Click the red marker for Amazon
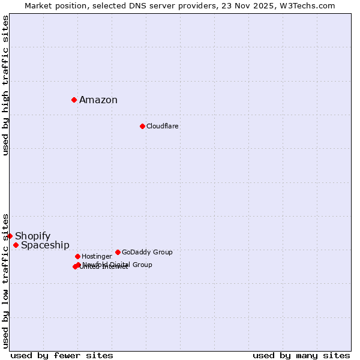[74, 100]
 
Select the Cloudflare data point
[142, 126]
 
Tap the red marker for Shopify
[10, 236]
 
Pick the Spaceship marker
[16, 245]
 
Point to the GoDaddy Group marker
[118, 252]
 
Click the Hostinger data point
[77, 256]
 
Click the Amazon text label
[98, 100]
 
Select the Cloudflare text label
[163, 126]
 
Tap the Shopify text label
[33, 236]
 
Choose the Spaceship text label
[45, 245]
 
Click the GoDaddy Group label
[147, 252]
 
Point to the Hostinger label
[97, 256]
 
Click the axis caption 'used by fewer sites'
[62, 355]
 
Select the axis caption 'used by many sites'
[301, 355]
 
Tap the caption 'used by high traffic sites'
[5, 85]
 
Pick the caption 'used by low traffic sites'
[5, 280]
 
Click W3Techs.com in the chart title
[310, 5]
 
